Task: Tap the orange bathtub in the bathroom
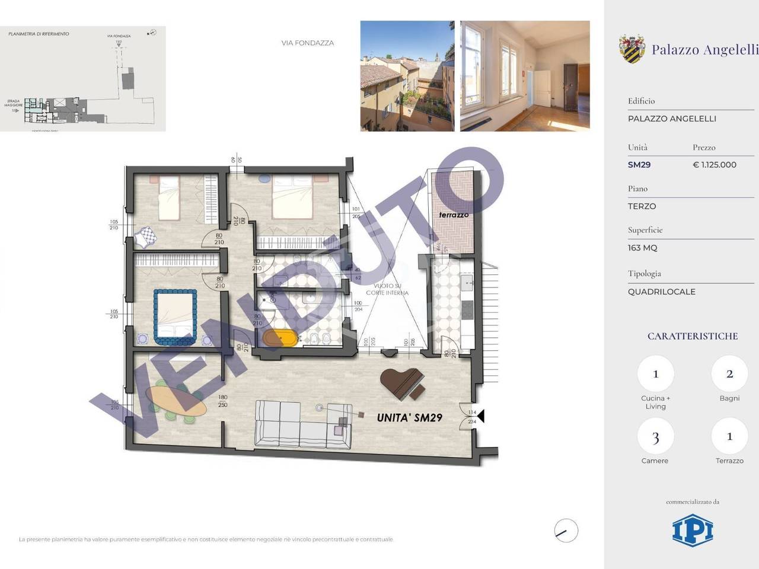pyautogui.click(x=279, y=338)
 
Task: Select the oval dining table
pyautogui.click(x=177, y=401)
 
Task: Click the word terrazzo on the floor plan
pyautogui.click(x=454, y=215)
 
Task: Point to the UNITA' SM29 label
pyautogui.click(x=410, y=417)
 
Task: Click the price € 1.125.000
pyautogui.click(x=715, y=165)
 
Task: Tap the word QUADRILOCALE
pyautogui.click(x=662, y=292)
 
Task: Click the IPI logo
pyautogui.click(x=693, y=530)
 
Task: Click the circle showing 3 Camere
pyautogui.click(x=655, y=437)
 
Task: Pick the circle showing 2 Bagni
pyautogui.click(x=729, y=374)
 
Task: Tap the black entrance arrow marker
pyautogui.click(x=480, y=417)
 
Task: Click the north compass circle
pyautogui.click(x=566, y=530)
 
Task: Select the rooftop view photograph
pyautogui.click(x=407, y=76)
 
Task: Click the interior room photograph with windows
pyautogui.click(x=525, y=76)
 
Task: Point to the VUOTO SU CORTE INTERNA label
pyautogui.click(x=387, y=289)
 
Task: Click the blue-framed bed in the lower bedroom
pyautogui.click(x=175, y=317)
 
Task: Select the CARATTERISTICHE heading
pyautogui.click(x=693, y=336)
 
